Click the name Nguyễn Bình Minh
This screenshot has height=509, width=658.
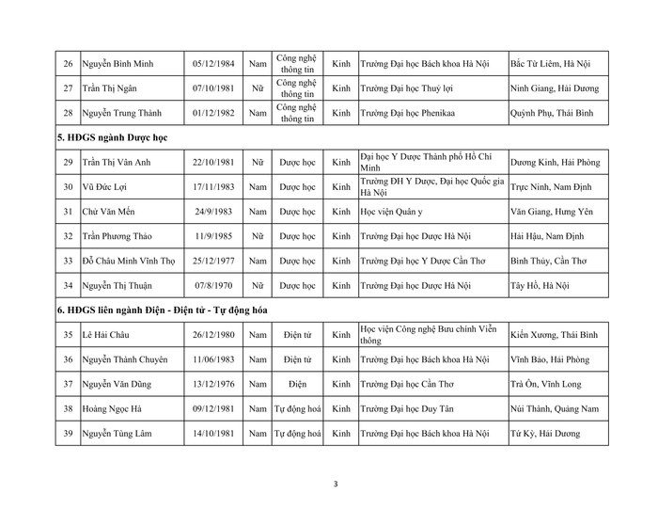click(x=117, y=64)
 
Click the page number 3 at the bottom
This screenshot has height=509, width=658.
click(x=336, y=485)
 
